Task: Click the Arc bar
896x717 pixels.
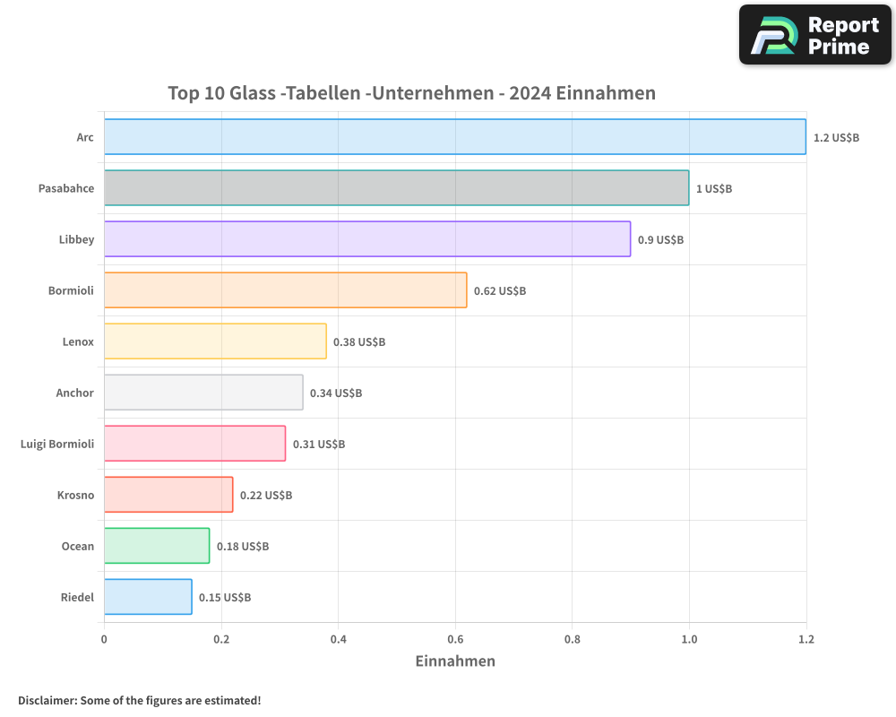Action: pyautogui.click(x=454, y=137)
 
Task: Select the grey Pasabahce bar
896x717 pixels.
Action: pyautogui.click(x=396, y=188)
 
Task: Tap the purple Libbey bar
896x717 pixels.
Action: pyautogui.click(x=367, y=239)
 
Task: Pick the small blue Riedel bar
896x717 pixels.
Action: pyautogui.click(x=148, y=597)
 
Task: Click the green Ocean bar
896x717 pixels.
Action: pyautogui.click(x=157, y=546)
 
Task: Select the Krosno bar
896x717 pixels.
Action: pyautogui.click(x=168, y=495)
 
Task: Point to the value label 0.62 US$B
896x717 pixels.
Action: pyautogui.click(x=500, y=290)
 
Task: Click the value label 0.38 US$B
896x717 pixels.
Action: pyautogui.click(x=359, y=341)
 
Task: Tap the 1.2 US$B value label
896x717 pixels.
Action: pyautogui.click(x=836, y=137)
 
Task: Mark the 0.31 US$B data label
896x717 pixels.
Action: pyautogui.click(x=319, y=444)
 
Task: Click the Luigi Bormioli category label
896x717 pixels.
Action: pyautogui.click(x=56, y=444)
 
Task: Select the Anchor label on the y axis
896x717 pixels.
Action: pyautogui.click(x=74, y=393)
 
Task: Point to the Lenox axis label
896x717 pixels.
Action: pyautogui.click(x=78, y=341)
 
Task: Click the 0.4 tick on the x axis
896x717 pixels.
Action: pyautogui.click(x=338, y=639)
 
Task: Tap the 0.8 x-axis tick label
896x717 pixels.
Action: pyautogui.click(x=573, y=639)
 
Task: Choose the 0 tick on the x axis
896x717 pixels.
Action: pyautogui.click(x=104, y=639)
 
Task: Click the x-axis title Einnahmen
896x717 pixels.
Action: pyautogui.click(x=455, y=661)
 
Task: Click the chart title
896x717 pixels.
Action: pyautogui.click(x=411, y=93)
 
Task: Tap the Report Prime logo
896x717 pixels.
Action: pyautogui.click(x=814, y=35)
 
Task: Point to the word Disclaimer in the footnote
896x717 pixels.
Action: pyautogui.click(x=47, y=700)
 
